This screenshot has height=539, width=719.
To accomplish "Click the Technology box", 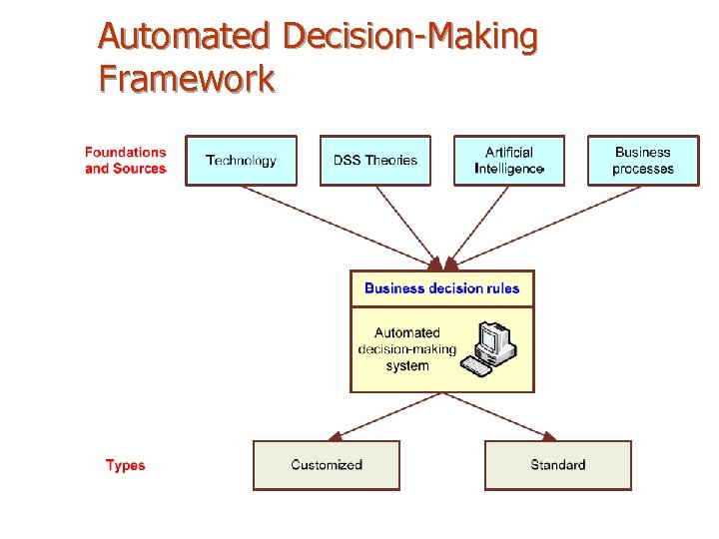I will [242, 161].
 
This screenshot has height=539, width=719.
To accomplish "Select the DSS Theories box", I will [375, 161].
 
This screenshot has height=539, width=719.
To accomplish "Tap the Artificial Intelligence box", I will [509, 161].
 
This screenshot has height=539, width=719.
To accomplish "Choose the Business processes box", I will [643, 161].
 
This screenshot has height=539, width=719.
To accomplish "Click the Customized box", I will [327, 465].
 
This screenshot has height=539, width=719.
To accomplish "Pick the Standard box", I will [558, 465].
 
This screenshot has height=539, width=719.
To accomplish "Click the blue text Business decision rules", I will [441, 288].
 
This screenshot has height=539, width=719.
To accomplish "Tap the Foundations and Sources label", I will [126, 161].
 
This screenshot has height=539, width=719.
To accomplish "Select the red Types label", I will [126, 465].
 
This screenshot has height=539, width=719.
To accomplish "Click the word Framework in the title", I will [187, 78].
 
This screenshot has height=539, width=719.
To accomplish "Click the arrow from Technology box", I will [340, 227].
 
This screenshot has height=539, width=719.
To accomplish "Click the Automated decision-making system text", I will [407, 349].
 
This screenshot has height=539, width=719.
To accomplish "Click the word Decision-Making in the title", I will [410, 37].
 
